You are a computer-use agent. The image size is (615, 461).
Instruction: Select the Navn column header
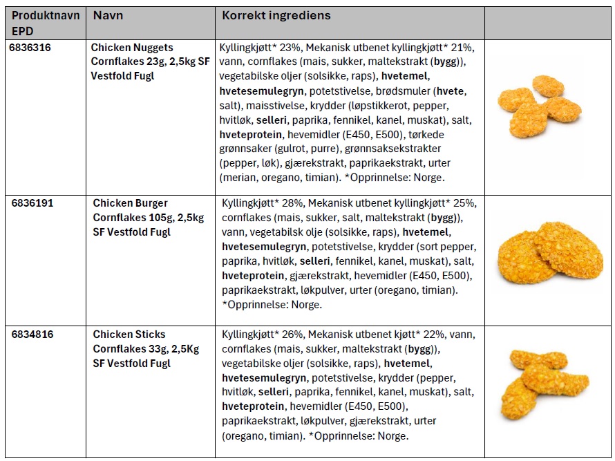(108, 16)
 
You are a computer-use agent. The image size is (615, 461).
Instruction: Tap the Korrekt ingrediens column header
(276, 16)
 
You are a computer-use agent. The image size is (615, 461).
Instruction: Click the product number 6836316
(30, 48)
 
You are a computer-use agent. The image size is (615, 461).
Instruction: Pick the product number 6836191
(32, 204)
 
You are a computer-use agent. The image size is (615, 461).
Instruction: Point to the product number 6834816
(32, 335)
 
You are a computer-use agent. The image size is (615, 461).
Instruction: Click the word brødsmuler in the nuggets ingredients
(388, 91)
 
